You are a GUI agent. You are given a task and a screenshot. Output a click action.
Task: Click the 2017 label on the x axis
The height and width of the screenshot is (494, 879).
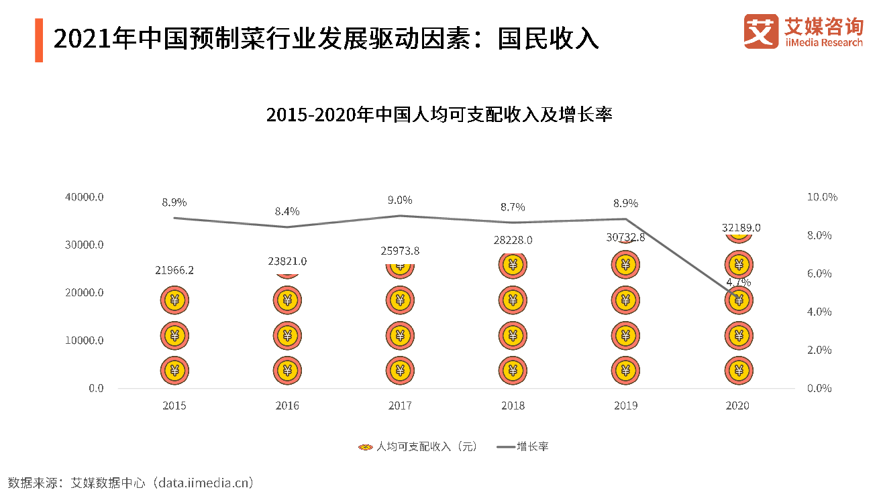400,406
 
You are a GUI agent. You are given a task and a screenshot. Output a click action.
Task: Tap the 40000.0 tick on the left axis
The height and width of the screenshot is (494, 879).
85,197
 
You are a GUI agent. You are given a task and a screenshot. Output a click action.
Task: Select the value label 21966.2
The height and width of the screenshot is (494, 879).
174,270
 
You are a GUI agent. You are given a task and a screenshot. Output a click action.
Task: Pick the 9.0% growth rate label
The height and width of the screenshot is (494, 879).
400,200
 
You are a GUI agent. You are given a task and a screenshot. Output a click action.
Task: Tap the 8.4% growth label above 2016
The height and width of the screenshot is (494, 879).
287,211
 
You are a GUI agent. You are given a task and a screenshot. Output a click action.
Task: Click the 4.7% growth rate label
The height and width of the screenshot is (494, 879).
739,282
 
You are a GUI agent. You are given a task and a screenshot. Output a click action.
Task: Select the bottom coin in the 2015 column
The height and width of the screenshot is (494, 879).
174,370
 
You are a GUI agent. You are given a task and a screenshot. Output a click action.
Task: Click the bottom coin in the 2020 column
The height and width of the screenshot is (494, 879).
739,370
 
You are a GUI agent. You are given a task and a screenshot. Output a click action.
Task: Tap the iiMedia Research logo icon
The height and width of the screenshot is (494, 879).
761,32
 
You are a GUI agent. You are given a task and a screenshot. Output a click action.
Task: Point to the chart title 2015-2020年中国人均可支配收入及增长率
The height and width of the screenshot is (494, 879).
439,115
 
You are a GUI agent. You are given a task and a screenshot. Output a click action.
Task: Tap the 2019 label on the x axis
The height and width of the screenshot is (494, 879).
625,406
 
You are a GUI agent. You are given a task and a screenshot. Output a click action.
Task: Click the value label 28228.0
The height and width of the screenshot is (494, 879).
513,240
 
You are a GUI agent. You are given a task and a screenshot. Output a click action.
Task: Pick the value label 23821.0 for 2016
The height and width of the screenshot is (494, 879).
287,261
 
